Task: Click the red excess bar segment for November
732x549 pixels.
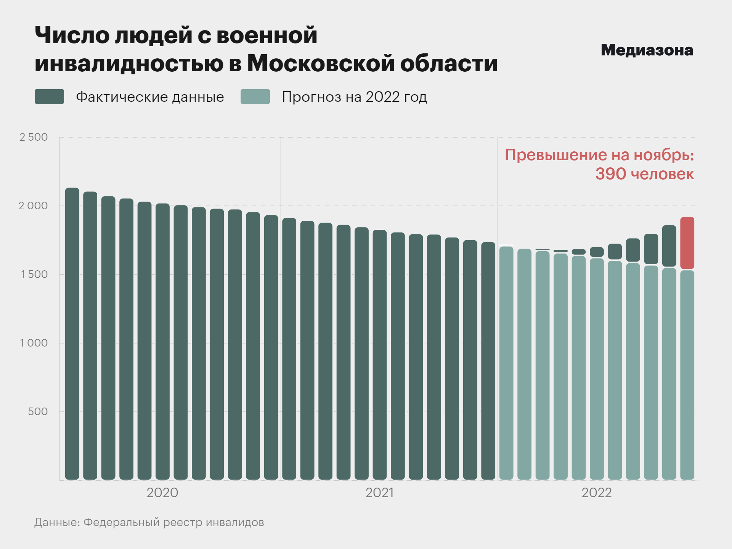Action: click(687, 243)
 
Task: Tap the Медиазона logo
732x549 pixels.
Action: click(647, 50)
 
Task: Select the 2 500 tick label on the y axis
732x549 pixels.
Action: click(34, 137)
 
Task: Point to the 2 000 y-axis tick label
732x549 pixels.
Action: click(34, 206)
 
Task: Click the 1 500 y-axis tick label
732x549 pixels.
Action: click(34, 274)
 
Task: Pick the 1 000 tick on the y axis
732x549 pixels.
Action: click(34, 343)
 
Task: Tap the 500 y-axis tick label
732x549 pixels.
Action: click(38, 412)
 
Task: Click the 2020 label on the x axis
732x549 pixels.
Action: click(162, 493)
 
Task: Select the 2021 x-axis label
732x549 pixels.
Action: click(379, 493)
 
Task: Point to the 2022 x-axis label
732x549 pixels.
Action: click(596, 493)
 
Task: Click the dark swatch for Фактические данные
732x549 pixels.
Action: click(49, 97)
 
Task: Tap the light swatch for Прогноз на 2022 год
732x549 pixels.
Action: click(255, 97)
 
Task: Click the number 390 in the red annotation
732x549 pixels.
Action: click(611, 174)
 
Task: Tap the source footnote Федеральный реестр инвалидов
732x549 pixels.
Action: click(173, 522)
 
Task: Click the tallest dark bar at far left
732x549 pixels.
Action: click(72, 334)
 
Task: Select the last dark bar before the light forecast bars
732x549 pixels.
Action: click(488, 360)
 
